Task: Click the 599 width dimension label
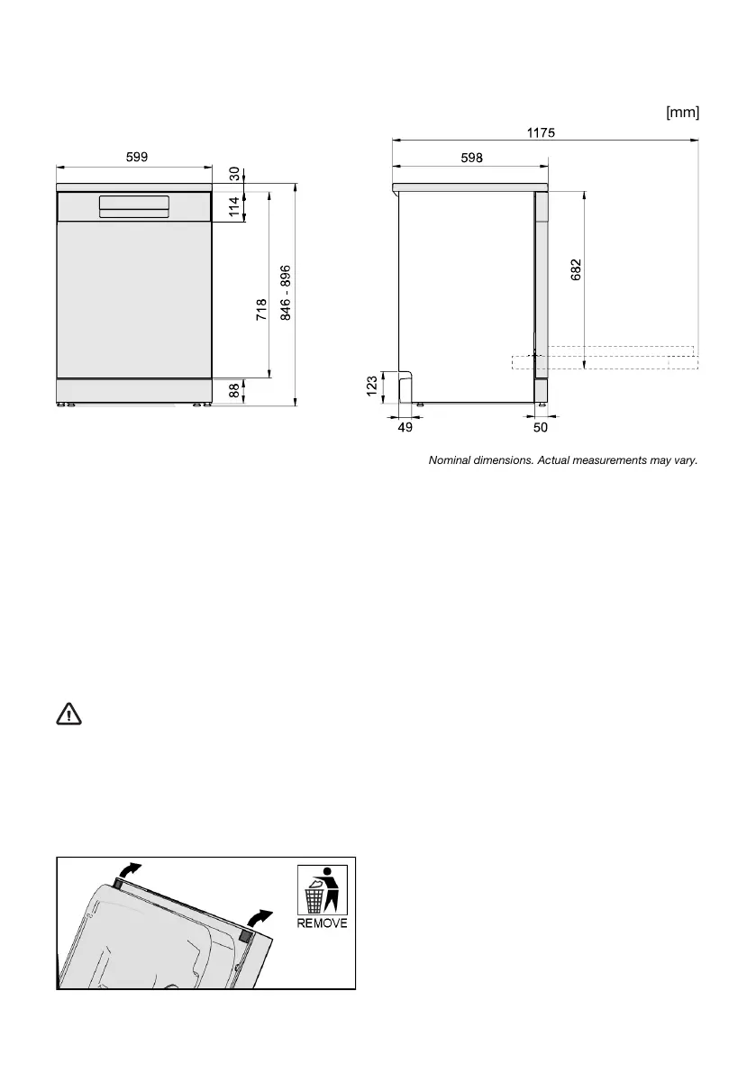pos(136,157)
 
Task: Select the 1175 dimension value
pos(541,132)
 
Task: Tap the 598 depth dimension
pos(471,158)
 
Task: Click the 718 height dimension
pos(261,309)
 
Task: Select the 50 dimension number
pos(541,429)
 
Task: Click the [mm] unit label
pos(682,112)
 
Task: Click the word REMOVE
pos(322,923)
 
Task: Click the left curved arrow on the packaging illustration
pos(130,869)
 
